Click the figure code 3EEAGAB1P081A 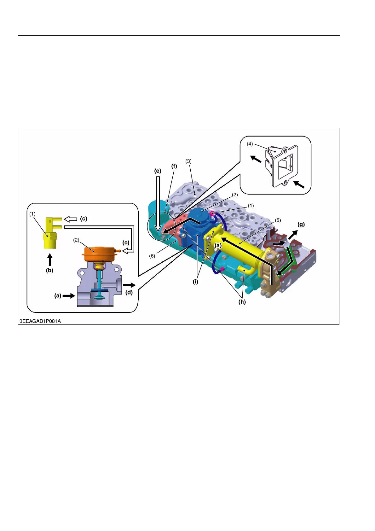(x=40, y=321)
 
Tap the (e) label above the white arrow (x=158, y=171)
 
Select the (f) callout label (x=174, y=166)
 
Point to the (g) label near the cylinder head (x=301, y=225)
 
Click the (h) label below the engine (x=242, y=302)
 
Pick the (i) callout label (x=195, y=282)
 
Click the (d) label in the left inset (x=129, y=292)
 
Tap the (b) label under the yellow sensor (x=49, y=270)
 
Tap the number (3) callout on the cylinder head (x=188, y=161)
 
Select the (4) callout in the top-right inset (x=250, y=144)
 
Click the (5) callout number (x=278, y=220)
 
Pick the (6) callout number (x=152, y=256)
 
